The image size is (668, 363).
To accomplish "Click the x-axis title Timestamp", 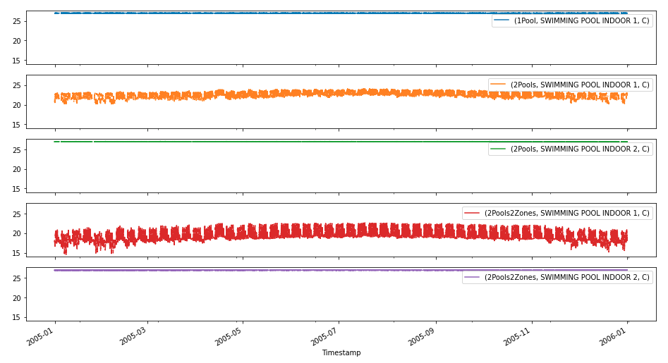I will point(341,352).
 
